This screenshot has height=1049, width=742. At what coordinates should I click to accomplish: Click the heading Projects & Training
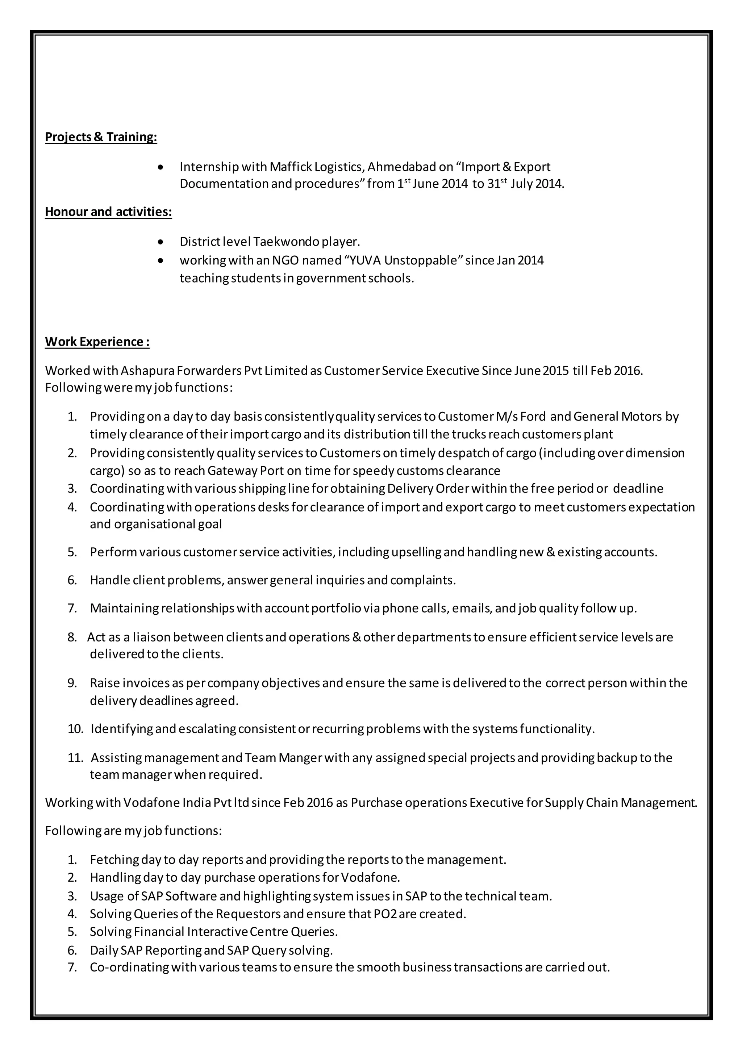[x=101, y=137]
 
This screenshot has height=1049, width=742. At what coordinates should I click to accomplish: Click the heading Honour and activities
[x=108, y=212]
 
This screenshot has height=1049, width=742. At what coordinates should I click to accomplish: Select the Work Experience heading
[x=97, y=342]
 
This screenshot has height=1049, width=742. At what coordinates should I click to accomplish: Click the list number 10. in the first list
[x=75, y=729]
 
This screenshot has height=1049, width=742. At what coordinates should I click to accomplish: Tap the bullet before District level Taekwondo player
[x=160, y=242]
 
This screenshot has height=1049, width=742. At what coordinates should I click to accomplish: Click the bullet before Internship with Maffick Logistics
[x=160, y=167]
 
